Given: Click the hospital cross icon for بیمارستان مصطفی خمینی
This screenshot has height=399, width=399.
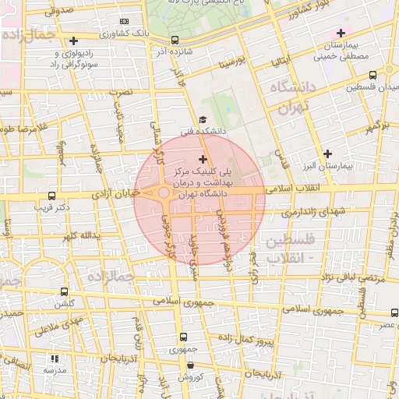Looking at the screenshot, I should coord(340,33).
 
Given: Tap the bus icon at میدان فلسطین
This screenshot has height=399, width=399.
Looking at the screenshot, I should coord(373,76).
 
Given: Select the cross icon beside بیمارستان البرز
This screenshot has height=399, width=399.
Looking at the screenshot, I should coord(327,154).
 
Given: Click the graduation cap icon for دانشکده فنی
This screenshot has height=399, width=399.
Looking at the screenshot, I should coord(203,119).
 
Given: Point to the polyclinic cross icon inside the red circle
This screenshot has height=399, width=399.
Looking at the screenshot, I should coord(203,159).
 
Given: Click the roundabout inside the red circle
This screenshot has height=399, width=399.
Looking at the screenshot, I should coord(164,192).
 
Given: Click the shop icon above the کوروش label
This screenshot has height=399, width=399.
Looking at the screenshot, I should coord(190,365).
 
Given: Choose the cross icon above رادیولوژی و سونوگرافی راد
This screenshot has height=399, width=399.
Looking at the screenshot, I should coord(74,41).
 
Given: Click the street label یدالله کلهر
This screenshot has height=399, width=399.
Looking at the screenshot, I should coord(76,235).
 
